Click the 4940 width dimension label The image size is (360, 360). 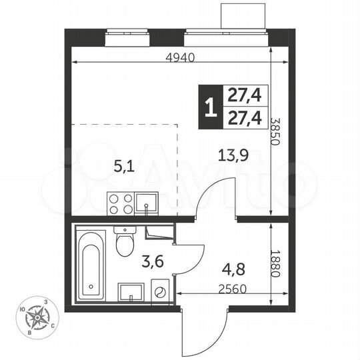coord(180,57)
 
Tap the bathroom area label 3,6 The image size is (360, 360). coord(155,261)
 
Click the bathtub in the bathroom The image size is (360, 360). coord(90,265)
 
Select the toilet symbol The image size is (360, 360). coord(125,243)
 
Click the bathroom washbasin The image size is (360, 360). coord(131,292)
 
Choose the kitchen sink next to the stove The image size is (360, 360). coord(146,203)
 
